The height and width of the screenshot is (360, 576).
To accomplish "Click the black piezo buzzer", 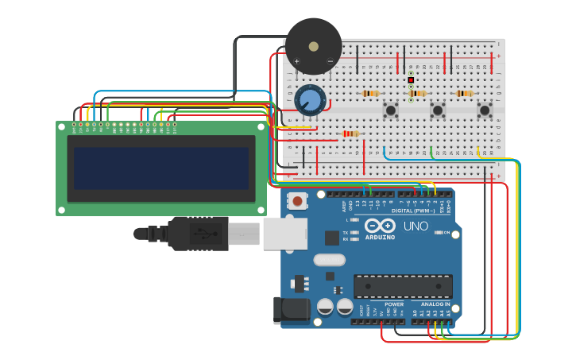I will point(313,45).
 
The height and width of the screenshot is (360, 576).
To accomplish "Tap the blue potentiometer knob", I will point(310,101).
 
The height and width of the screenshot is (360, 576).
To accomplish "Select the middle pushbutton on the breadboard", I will point(437,110).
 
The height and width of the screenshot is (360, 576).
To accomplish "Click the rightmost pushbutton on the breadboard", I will point(484,110).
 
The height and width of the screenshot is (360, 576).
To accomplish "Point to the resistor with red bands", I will point(350,134).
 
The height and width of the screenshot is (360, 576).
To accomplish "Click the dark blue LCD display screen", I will point(161,168).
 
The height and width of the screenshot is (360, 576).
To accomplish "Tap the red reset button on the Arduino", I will point(297,201).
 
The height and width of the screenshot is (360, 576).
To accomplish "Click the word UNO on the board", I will point(416,226).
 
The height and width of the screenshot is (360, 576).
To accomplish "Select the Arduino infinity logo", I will point(380,225).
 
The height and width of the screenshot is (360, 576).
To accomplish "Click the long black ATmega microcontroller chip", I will point(403,286).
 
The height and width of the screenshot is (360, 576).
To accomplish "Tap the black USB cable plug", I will point(199,234).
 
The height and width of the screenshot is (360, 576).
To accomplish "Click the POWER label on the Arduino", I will point(394,304).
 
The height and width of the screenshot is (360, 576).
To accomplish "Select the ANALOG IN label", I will point(435,304).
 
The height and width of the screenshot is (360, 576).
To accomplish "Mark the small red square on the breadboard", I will point(411,80).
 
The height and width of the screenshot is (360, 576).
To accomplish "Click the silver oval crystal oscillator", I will point(329,259).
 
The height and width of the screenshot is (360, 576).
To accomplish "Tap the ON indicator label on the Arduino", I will point(446,232).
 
